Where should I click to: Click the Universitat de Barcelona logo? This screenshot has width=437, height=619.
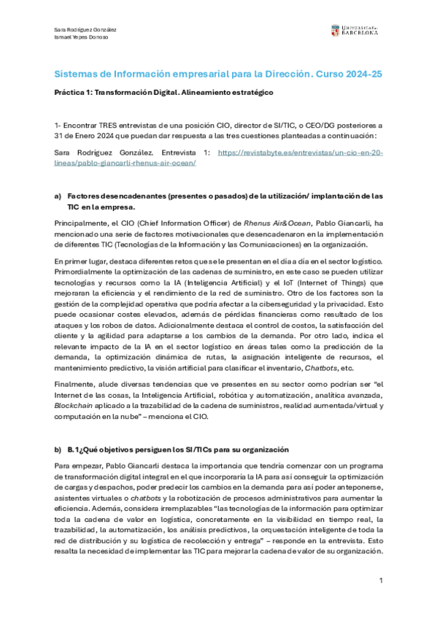point(357,31)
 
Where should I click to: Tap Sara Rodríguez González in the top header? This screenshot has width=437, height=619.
point(85,29)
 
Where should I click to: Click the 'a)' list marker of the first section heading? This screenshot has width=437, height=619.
point(58,196)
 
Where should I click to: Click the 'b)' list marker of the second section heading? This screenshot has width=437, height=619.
point(58,449)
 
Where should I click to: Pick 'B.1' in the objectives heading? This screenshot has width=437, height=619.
point(74,449)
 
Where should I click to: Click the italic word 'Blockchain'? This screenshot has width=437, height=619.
point(75,404)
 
